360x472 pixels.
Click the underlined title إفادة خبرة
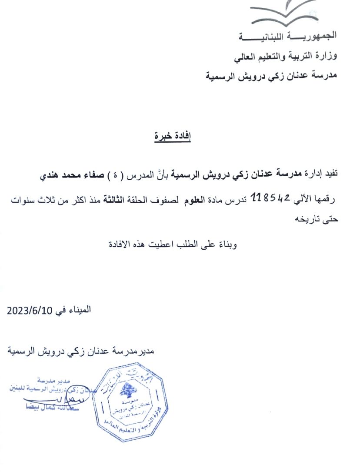[x=173, y=136]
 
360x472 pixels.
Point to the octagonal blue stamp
[x=130, y=402]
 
